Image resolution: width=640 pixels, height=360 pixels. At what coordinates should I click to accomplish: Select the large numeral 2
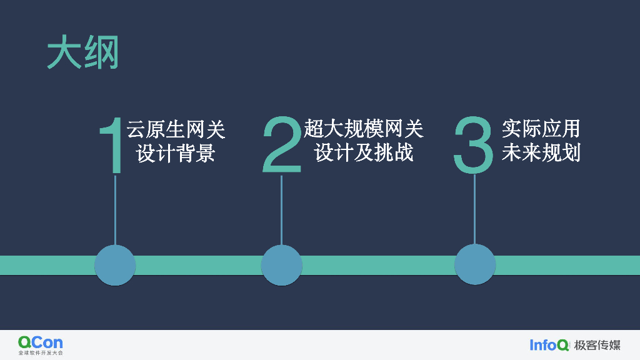point(282,144)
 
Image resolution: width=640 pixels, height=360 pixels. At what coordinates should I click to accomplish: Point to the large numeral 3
point(474,144)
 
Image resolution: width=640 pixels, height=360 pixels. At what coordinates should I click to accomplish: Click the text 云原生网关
point(176,129)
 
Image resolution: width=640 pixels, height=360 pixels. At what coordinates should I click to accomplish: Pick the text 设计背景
point(176,153)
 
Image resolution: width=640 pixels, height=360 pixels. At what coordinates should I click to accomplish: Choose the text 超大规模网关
point(364,129)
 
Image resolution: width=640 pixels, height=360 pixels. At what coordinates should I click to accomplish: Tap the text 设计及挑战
point(364,153)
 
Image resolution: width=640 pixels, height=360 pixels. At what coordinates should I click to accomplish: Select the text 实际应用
point(541,129)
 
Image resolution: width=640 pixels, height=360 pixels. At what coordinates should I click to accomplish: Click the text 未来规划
point(541,153)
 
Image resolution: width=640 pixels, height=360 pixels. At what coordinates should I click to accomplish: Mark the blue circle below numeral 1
point(115,265)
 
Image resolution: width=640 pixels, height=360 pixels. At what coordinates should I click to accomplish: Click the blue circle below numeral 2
point(282,265)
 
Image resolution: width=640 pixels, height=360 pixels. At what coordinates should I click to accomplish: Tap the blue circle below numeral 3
point(475,264)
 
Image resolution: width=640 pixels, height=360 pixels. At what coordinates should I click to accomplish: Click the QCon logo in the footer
point(41,342)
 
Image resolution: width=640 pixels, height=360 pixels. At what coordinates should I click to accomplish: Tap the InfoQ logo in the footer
point(549,345)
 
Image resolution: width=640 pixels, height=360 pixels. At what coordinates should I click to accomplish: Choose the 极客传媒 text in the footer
point(597,345)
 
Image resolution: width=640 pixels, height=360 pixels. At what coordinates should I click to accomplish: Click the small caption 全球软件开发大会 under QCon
point(41,353)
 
